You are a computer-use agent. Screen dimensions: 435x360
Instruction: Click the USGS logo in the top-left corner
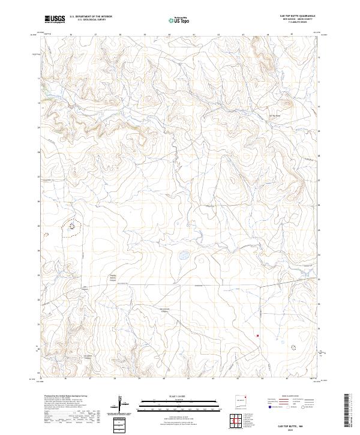[55, 20]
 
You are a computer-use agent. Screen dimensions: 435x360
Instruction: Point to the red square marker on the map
[257, 335]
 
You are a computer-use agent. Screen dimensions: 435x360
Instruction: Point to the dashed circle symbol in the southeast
[293, 347]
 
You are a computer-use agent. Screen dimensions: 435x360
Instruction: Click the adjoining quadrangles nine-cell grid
[242, 420]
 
